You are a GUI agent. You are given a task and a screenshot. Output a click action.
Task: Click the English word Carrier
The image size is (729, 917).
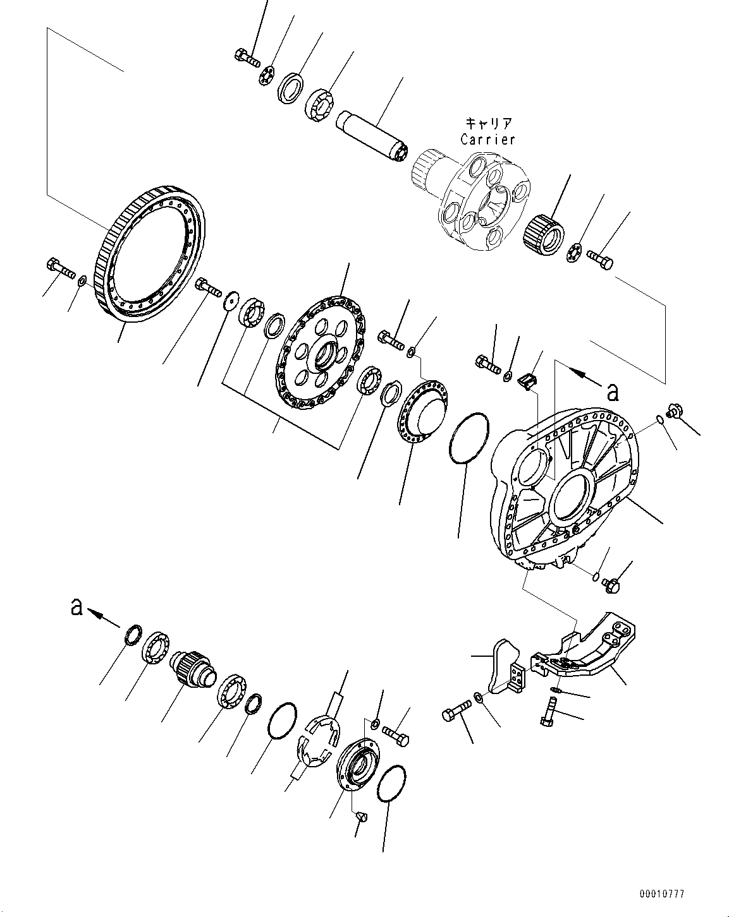point(487,139)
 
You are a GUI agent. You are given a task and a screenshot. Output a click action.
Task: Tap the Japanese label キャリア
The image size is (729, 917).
point(487,123)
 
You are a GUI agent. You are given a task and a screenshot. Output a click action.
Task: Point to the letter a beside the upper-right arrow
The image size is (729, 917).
point(611,392)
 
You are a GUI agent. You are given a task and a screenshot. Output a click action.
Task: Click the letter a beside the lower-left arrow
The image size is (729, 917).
point(77,607)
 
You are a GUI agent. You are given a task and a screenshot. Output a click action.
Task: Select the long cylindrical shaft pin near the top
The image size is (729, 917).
point(373,136)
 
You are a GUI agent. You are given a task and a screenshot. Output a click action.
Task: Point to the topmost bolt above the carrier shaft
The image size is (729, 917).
point(247,57)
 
